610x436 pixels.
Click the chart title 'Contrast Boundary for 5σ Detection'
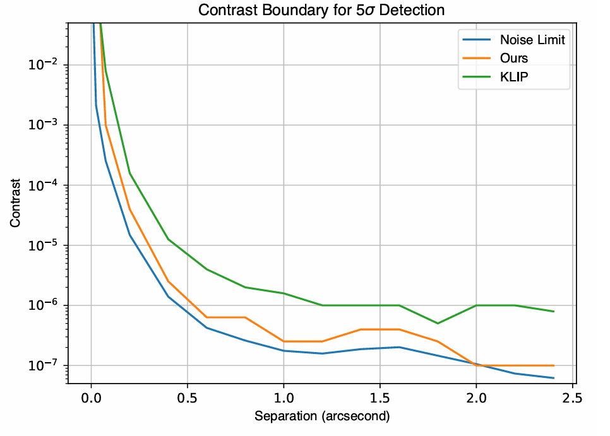322,10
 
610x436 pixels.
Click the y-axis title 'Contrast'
15,203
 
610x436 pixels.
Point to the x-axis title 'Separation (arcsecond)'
322,416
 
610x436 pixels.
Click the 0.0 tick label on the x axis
92,399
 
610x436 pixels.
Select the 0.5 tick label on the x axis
188,399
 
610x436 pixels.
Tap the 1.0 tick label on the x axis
284,399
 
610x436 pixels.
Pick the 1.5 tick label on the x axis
380,399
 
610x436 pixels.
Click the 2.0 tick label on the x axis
476,399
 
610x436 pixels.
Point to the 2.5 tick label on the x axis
572,399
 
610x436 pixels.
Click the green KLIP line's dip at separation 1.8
438,323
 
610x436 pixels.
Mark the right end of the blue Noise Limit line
553,378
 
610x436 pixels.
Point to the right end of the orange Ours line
553,365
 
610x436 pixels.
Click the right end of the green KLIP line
553,311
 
